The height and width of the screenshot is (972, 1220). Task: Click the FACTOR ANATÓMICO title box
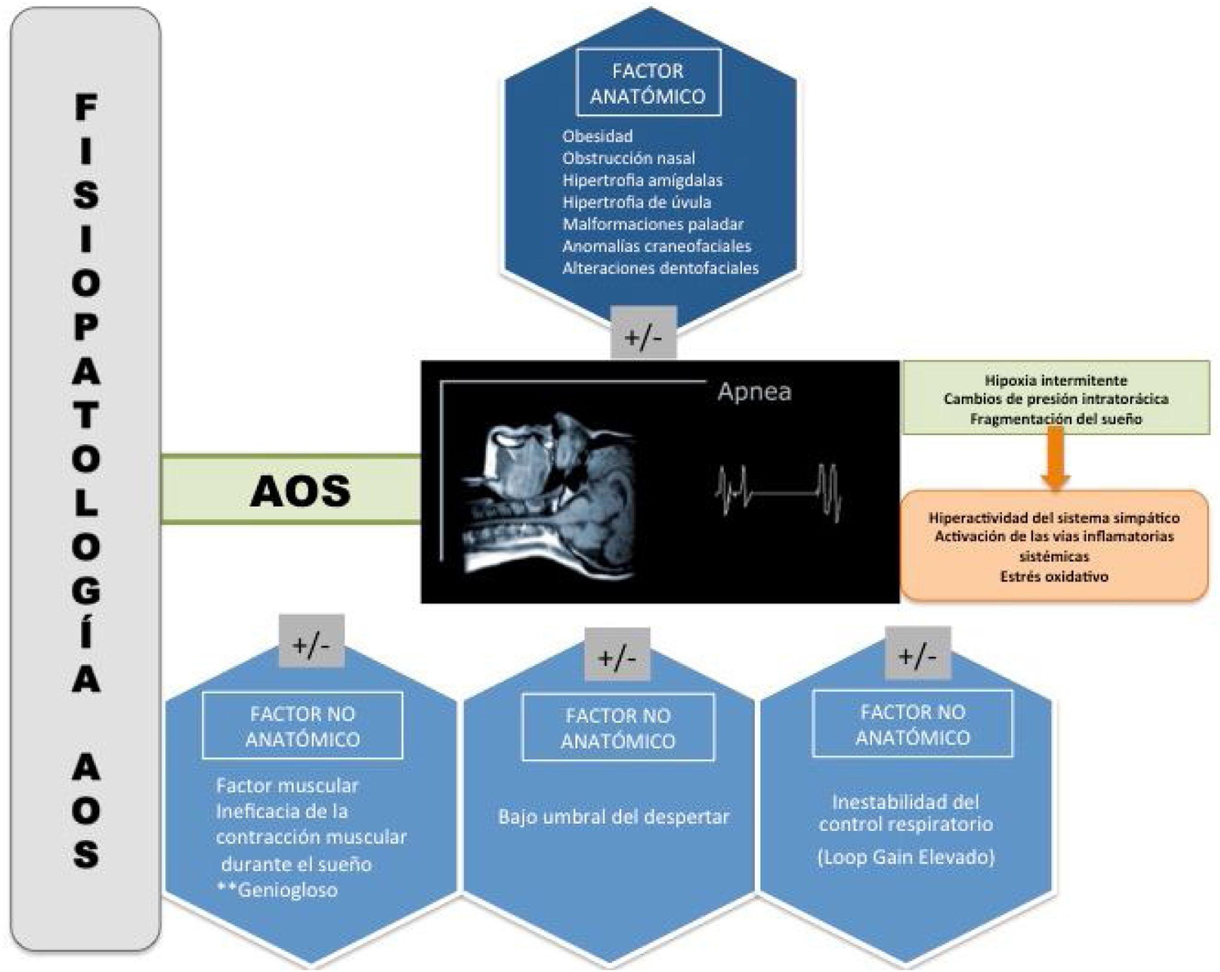tap(648, 83)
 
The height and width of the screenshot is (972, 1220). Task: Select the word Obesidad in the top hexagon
tap(597, 136)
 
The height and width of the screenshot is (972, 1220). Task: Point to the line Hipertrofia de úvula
tap(637, 202)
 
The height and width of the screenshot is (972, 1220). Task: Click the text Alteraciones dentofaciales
tap(660, 268)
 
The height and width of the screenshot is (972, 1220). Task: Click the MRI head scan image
tap(549, 493)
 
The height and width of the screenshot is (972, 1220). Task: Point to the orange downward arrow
tap(1055, 458)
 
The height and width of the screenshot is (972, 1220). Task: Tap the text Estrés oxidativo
tap(1054, 577)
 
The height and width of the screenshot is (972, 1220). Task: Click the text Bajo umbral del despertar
tap(613, 816)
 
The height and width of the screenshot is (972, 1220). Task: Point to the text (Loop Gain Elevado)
tap(905, 857)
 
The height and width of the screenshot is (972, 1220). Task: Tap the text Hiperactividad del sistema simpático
tap(1054, 517)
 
